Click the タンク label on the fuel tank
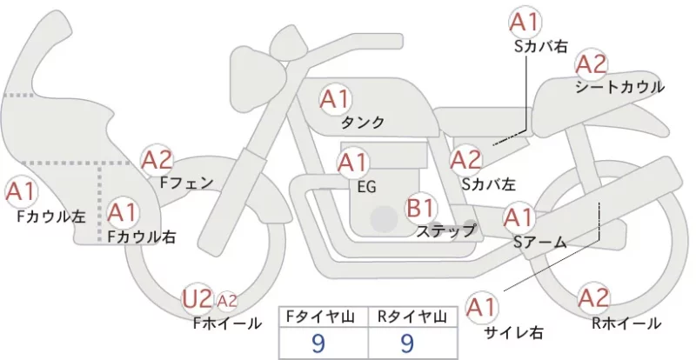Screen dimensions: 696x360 [362, 123]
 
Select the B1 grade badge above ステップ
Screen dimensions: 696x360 [420, 208]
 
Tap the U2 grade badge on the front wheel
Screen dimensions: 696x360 [197, 298]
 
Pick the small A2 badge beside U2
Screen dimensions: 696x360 [227, 301]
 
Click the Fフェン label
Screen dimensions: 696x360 [186, 183]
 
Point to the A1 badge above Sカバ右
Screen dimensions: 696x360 [525, 22]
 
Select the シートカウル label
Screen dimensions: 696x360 [619, 87]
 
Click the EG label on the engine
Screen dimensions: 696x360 [366, 187]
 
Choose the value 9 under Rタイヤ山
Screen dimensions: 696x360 [406, 343]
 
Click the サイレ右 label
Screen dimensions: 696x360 [513, 332]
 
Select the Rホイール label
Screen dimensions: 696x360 [626, 323]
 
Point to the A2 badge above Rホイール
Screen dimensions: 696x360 [593, 297]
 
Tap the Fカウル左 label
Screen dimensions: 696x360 [51, 217]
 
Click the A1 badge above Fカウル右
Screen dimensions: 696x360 [123, 213]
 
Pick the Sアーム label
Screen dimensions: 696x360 [539, 242]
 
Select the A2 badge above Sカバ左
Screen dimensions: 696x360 [465, 160]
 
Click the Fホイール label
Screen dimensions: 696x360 [227, 323]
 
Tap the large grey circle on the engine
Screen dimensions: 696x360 [385, 219]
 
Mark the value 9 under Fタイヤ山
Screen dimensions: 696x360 [318, 343]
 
